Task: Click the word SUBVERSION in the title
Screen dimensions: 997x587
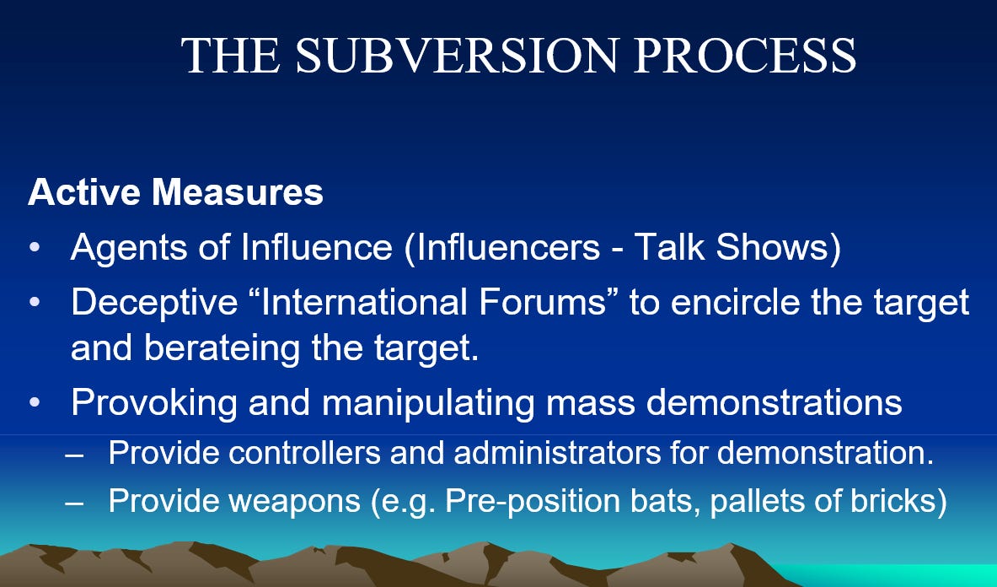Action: click(457, 56)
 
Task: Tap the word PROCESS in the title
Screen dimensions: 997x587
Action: click(745, 56)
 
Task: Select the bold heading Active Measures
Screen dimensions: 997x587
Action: click(175, 191)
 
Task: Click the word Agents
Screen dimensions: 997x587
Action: click(129, 248)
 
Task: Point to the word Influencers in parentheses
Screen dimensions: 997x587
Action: click(502, 247)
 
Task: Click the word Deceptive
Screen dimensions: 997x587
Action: click(154, 302)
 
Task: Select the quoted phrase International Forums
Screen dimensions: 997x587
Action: click(435, 301)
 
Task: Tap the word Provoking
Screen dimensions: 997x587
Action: click(154, 403)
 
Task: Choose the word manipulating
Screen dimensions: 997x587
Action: click(428, 403)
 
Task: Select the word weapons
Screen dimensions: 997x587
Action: click(294, 502)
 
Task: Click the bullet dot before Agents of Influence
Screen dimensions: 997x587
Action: click(34, 248)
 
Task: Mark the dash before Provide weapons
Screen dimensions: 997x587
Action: click(74, 503)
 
